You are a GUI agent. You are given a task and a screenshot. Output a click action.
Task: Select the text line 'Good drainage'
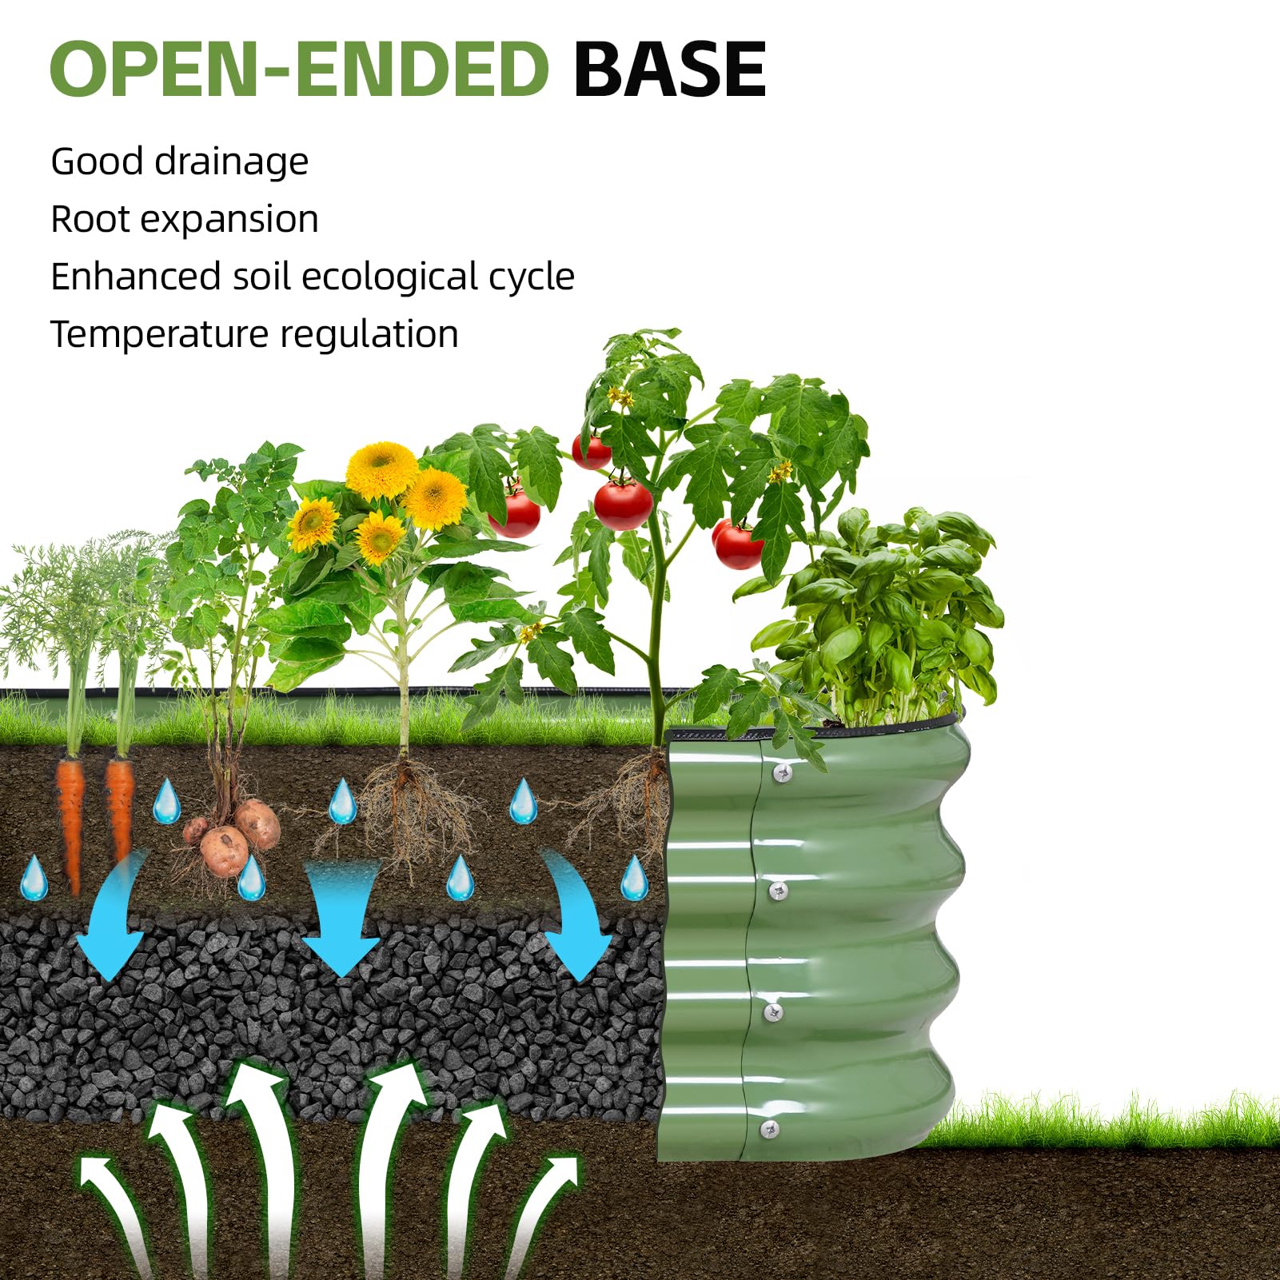point(179,162)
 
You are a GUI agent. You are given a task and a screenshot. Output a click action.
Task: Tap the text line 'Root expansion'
point(184,220)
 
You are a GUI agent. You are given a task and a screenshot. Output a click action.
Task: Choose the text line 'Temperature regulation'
point(254,334)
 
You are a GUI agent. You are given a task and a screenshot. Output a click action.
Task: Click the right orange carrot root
point(119,807)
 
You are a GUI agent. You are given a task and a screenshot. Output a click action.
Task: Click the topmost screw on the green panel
point(782,772)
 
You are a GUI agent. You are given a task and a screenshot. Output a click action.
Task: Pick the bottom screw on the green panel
point(769,1129)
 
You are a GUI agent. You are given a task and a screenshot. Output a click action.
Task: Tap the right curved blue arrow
point(576,919)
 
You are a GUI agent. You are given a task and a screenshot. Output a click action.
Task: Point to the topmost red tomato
point(592,453)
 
